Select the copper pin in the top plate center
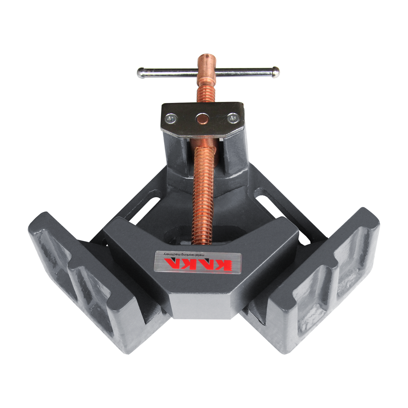(x=202, y=118)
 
